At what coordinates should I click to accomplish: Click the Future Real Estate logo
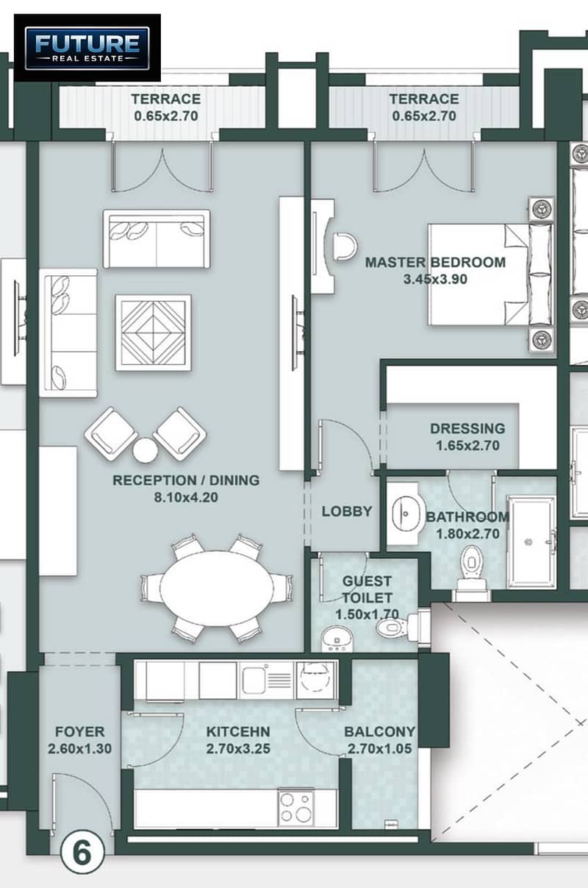tap(87, 48)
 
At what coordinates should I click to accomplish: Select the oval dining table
tap(217, 589)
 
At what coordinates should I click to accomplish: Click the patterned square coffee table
tap(154, 333)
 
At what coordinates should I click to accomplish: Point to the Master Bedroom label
tap(435, 262)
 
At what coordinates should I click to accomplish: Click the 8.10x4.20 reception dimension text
tap(186, 497)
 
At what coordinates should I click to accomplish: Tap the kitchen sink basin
tap(254, 681)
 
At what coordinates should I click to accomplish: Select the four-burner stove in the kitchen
tap(295, 809)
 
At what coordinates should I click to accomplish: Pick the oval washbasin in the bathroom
tap(405, 514)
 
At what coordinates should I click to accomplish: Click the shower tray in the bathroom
tap(531, 541)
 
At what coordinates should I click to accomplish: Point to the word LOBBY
tap(347, 511)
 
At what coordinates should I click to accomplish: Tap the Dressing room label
tap(467, 428)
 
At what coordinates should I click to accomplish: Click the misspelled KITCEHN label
tap(238, 731)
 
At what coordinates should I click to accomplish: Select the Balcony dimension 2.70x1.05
tap(380, 748)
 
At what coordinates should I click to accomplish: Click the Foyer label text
tap(79, 731)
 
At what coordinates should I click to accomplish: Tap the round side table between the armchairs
tap(146, 450)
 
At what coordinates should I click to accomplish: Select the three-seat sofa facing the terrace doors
tap(157, 239)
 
